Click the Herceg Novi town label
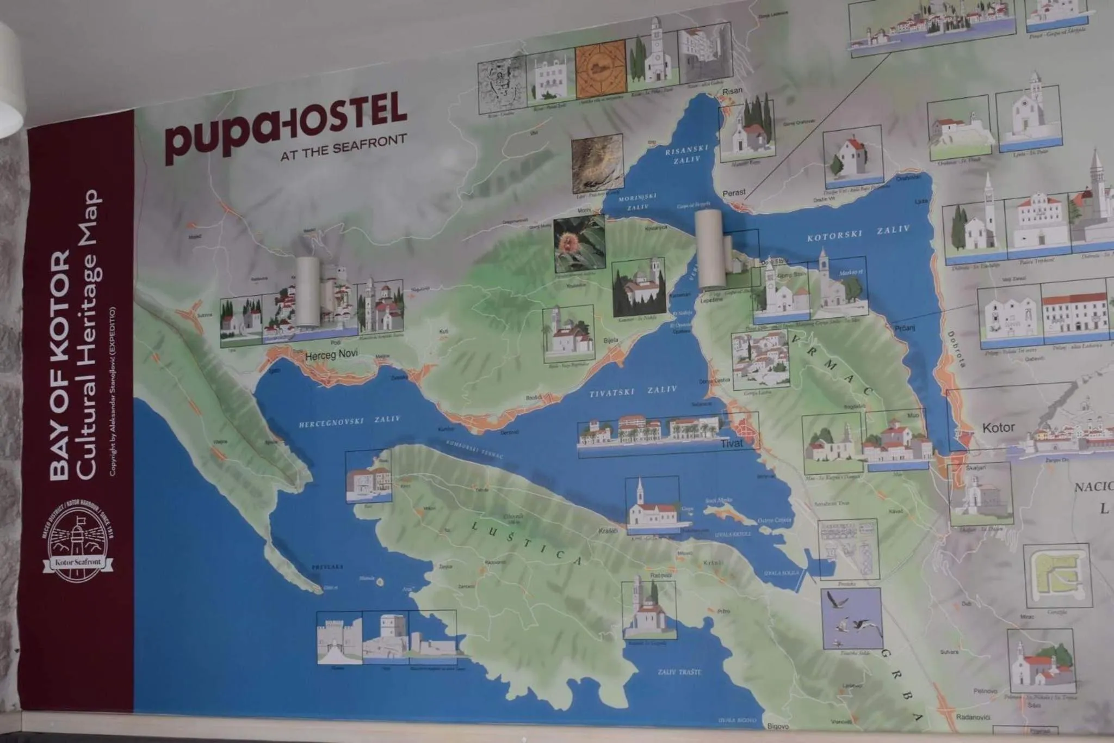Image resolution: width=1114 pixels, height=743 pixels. [331, 355]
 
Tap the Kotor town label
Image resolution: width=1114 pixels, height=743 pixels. [998, 428]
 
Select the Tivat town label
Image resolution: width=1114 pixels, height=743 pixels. [731, 444]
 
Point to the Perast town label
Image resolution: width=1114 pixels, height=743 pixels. [734, 193]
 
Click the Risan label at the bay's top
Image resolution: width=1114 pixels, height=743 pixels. [732, 90]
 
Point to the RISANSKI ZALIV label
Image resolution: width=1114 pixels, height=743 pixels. [686, 154]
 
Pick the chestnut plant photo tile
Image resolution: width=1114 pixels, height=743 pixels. [579, 244]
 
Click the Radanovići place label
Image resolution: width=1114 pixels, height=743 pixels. [973, 717]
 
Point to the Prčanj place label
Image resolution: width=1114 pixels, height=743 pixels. [905, 328]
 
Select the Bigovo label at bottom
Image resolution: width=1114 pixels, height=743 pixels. [778, 726]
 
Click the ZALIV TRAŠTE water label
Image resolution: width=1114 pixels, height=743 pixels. [679, 672]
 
